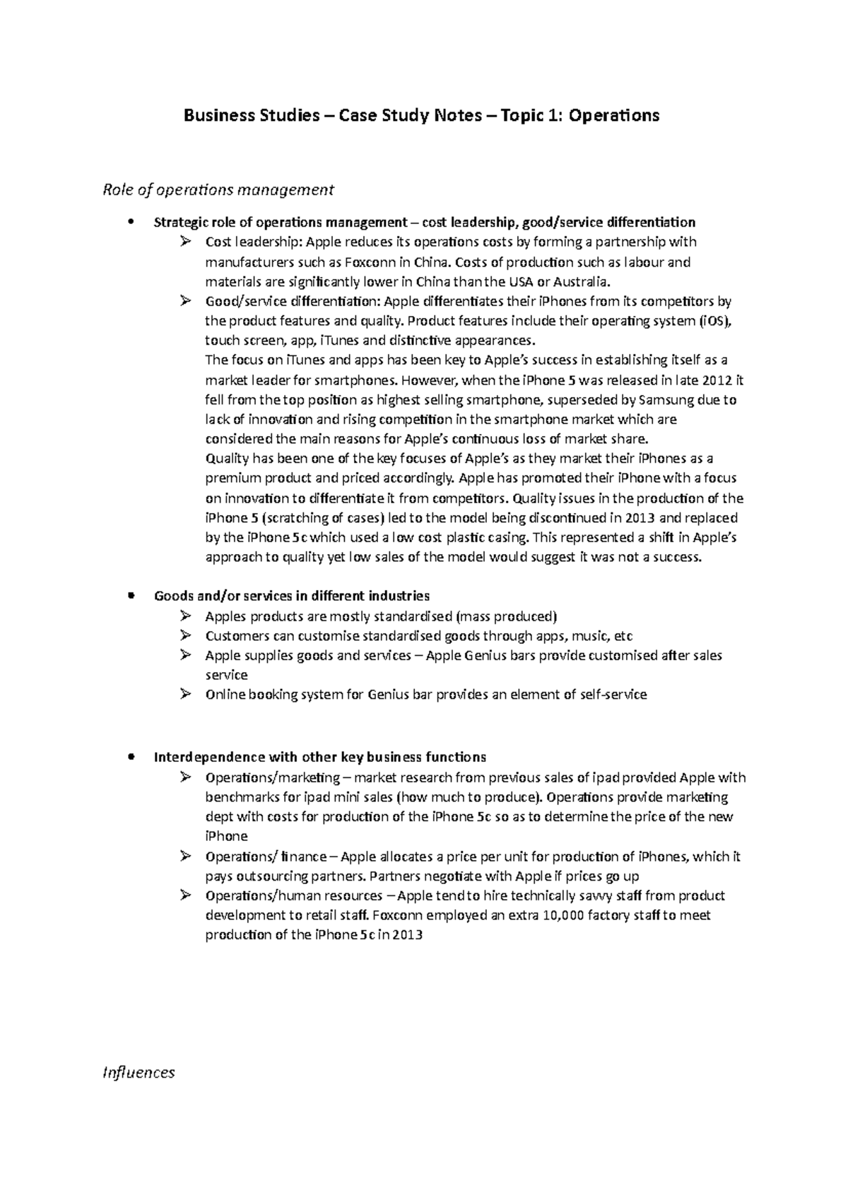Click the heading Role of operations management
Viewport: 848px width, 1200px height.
(x=218, y=189)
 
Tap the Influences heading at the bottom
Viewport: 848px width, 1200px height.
(x=139, y=1072)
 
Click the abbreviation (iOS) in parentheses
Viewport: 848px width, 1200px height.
(x=717, y=320)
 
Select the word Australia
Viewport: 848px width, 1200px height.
(x=579, y=282)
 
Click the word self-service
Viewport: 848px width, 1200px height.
(x=613, y=695)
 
